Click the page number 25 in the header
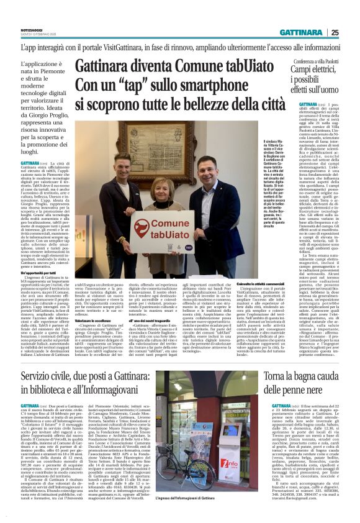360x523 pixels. tap(351, 33)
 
